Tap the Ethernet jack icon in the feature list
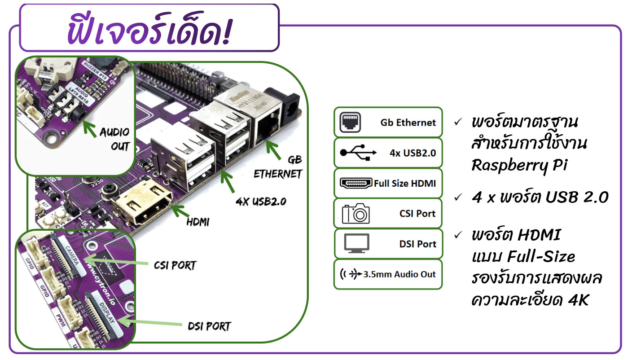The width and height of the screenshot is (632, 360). point(350,122)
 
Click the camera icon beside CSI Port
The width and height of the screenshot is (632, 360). point(355,214)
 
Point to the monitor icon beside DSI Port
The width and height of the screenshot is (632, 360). point(356,244)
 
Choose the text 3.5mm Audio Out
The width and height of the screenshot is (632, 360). point(399,274)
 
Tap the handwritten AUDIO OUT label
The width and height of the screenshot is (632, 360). point(114,139)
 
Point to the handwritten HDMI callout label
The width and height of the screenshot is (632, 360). point(198,221)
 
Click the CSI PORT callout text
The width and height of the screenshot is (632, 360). point(175,265)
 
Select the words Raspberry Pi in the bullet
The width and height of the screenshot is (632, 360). point(519,165)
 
